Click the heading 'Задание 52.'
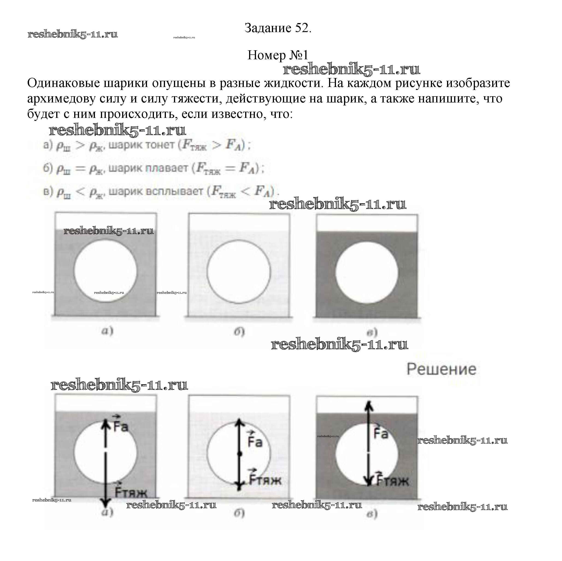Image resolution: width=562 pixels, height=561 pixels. [x=278, y=28]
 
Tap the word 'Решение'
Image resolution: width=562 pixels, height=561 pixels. [x=441, y=369]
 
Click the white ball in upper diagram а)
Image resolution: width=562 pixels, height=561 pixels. [x=105, y=271]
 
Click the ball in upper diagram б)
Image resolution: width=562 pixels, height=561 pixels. [x=238, y=272]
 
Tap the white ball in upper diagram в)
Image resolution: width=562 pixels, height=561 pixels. [x=367, y=272]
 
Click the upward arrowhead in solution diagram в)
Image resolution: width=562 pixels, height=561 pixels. [x=369, y=405]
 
